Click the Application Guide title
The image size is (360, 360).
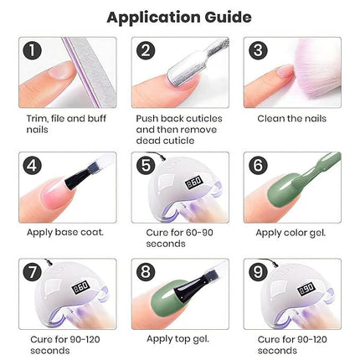pyautogui.click(x=179, y=17)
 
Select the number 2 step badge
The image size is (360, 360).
pyautogui.click(x=146, y=49)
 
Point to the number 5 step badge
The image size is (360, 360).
pyautogui.click(x=146, y=165)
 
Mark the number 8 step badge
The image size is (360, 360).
pyautogui.click(x=146, y=272)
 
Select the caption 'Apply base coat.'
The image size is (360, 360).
pyautogui.click(x=64, y=231)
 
